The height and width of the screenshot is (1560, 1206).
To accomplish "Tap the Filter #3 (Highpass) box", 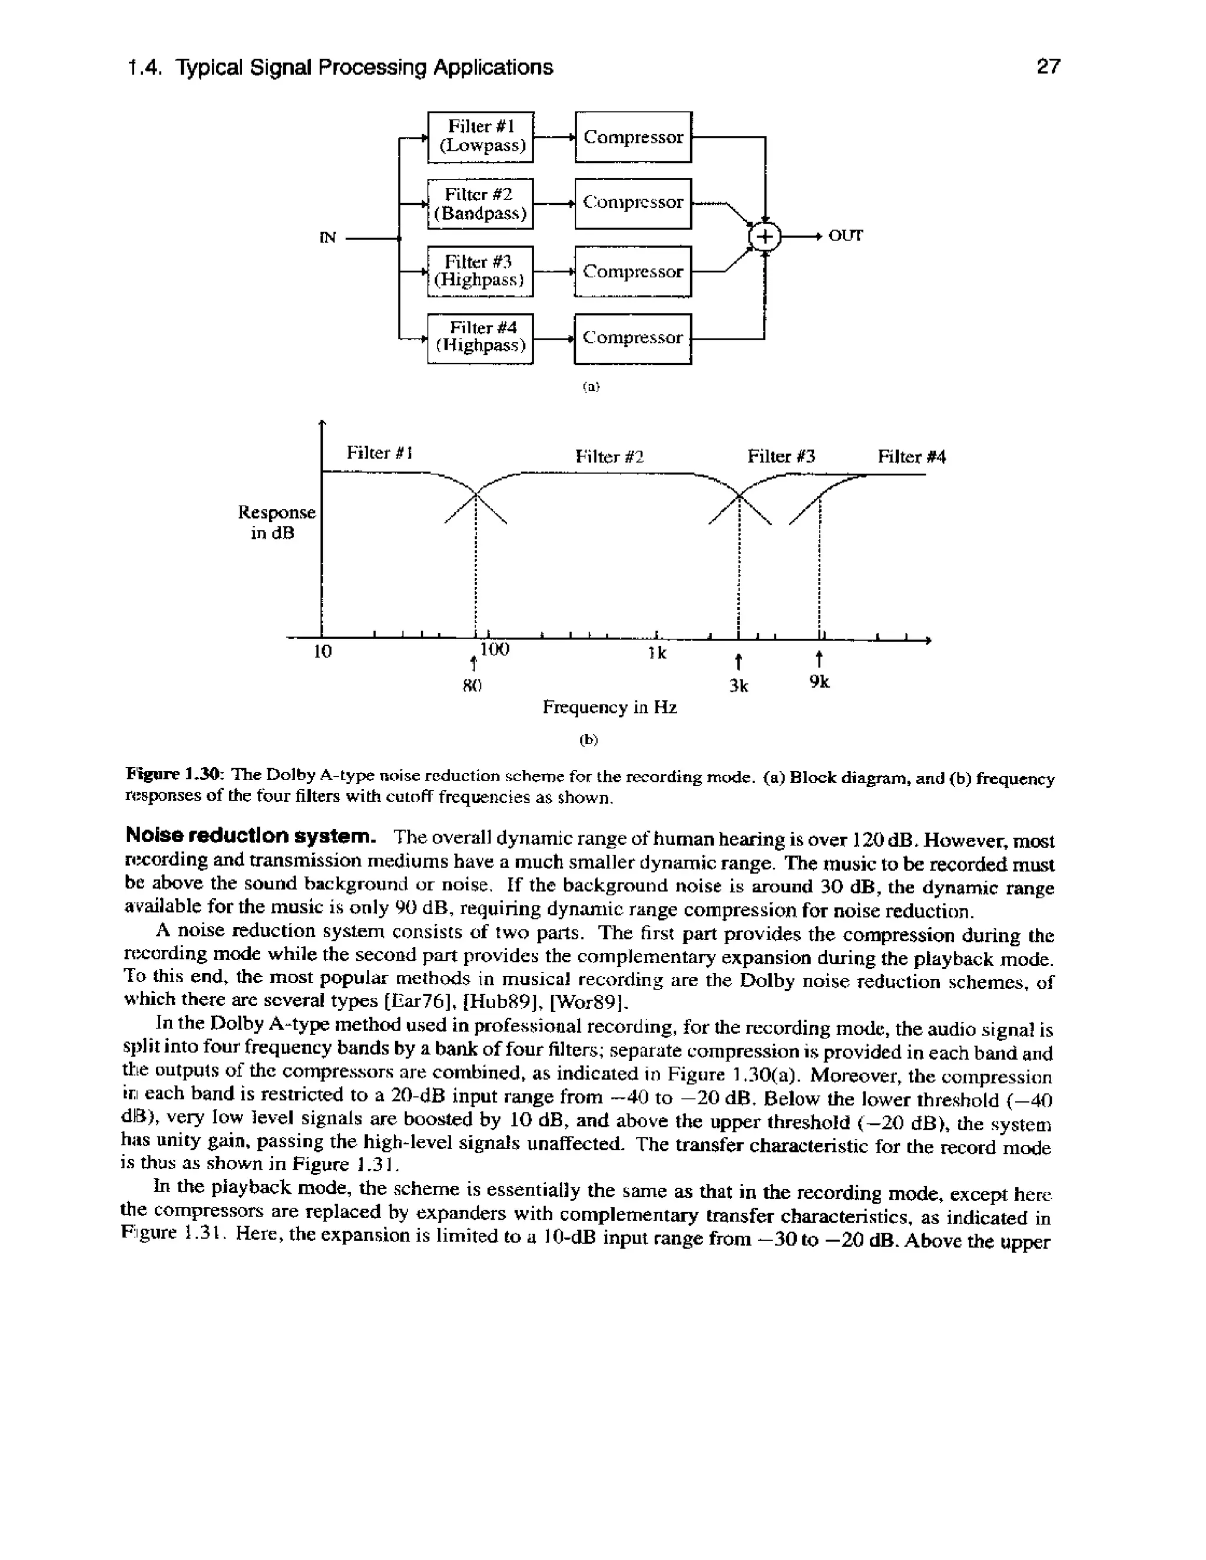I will click(x=480, y=271).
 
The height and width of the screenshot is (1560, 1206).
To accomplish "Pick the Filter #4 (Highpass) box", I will click(x=480, y=337).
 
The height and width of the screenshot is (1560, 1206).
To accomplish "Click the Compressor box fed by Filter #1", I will click(x=633, y=137).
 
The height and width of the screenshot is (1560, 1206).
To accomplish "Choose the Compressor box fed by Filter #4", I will click(x=633, y=338).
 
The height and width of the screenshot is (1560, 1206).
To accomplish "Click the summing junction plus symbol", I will click(x=765, y=237).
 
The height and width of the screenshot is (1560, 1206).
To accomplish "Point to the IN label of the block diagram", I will click(x=327, y=238).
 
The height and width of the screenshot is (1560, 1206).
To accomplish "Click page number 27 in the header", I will click(x=1048, y=67).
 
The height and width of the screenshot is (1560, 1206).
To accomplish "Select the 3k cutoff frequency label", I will click(x=739, y=686).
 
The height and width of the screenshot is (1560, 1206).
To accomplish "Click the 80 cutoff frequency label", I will click(x=472, y=686).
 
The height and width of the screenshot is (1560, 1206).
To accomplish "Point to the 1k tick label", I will click(x=657, y=653).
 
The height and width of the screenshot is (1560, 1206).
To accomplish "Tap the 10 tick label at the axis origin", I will click(x=323, y=652).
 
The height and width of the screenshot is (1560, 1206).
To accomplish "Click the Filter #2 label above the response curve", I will click(x=609, y=456).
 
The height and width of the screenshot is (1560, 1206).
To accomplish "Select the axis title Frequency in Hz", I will click(x=609, y=707).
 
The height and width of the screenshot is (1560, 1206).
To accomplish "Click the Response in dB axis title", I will click(x=277, y=523).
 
